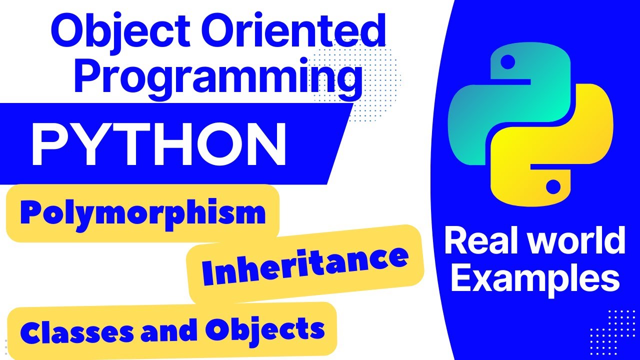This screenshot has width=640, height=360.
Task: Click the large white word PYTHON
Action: point(159,144)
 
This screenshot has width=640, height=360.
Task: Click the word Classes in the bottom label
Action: point(76,333)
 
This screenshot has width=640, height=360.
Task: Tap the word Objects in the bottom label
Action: point(265,330)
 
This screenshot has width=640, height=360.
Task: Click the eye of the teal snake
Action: point(507,61)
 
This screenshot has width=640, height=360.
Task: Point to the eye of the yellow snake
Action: point(553,186)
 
